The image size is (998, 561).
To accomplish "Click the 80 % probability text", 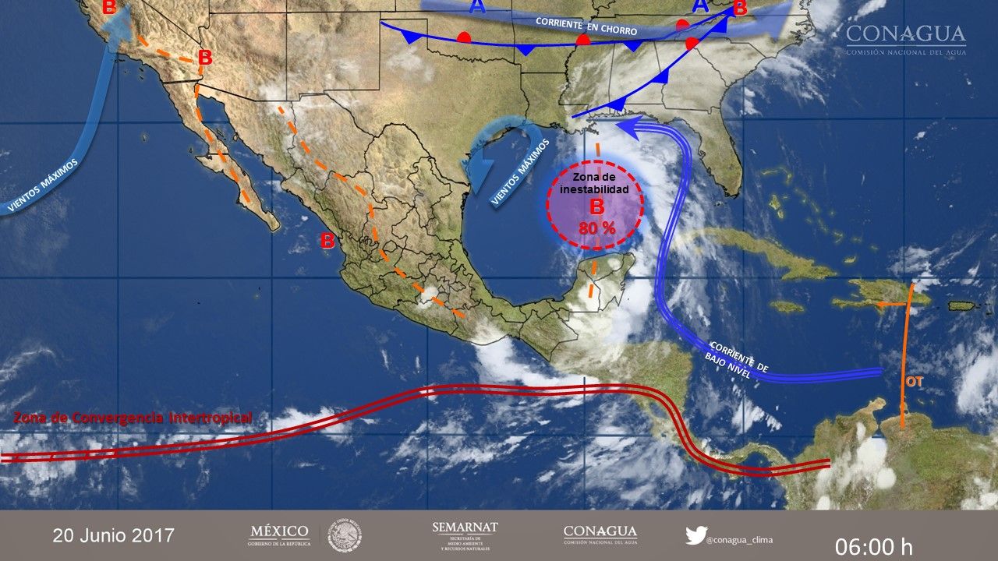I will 596,228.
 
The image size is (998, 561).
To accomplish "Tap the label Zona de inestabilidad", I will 595,184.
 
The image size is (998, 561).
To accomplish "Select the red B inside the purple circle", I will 596,207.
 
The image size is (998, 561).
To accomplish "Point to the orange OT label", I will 914,382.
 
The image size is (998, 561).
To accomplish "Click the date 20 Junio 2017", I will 114,536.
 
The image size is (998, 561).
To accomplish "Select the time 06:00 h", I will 873,546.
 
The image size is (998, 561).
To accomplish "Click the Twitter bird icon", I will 695,536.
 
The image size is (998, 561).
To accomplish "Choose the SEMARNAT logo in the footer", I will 465,535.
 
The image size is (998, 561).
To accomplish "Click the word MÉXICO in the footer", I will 279,532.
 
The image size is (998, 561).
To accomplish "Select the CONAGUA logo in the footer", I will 600,535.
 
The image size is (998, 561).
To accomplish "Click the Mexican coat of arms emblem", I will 344,535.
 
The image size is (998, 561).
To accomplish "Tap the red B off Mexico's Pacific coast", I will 327,242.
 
